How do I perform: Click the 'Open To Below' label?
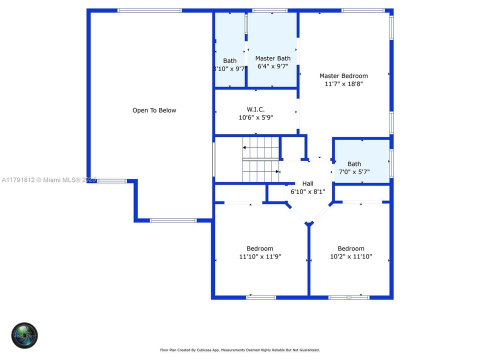154,110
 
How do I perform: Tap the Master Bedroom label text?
343,76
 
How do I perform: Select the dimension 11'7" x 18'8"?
343,84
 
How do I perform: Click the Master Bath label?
272,58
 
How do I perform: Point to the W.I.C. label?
255,109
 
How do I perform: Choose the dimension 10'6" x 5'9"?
255,117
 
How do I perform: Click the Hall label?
307,183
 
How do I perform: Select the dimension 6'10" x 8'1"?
307,191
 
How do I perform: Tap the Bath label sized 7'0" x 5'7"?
354,164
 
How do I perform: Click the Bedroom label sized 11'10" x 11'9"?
259,248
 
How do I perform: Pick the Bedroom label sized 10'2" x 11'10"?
350,248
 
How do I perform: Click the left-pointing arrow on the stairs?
245,147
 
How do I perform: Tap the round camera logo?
25,335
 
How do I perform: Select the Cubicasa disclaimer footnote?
239,350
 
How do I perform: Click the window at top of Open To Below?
150,10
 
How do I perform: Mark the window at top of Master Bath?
270,10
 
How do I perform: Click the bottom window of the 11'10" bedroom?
261,297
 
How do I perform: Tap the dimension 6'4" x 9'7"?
272,66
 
